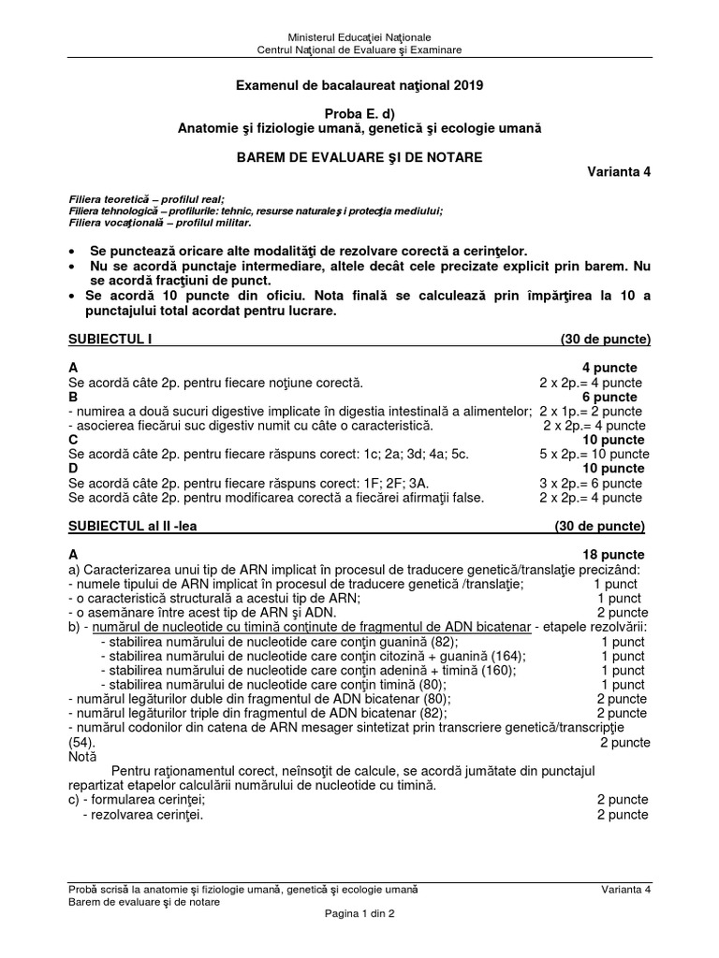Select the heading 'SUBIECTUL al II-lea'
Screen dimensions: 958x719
coord(133,527)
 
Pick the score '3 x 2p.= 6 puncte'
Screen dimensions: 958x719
coord(591,484)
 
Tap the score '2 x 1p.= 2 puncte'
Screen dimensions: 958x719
coord(591,412)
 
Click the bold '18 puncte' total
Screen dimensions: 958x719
coord(614,555)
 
